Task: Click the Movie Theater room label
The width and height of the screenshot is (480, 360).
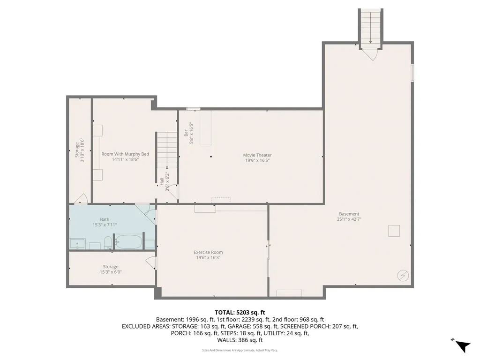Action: pyautogui.click(x=257, y=155)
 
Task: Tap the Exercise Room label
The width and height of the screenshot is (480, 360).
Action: pyautogui.click(x=209, y=252)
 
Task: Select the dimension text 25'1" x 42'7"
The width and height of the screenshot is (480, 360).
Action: pyautogui.click(x=349, y=219)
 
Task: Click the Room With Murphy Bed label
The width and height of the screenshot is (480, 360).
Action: pyautogui.click(x=125, y=154)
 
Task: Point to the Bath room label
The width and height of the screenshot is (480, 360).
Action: pyautogui.click(x=105, y=219)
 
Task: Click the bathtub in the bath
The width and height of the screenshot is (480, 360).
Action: pyautogui.click(x=128, y=242)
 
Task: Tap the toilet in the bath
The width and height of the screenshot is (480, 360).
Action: pyautogui.click(x=108, y=243)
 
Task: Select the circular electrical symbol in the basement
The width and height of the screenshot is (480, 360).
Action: pyautogui.click(x=403, y=275)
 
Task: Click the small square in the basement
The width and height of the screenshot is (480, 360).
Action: pyautogui.click(x=394, y=231)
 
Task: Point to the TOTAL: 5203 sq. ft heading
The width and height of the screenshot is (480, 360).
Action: pyautogui.click(x=240, y=312)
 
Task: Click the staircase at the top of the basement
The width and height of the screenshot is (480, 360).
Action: pyautogui.click(x=371, y=27)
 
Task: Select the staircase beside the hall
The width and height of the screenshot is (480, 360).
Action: pyautogui.click(x=167, y=150)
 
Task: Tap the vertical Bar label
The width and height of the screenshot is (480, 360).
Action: pyautogui.click(x=186, y=133)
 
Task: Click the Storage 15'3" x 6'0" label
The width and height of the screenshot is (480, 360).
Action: pyautogui.click(x=111, y=269)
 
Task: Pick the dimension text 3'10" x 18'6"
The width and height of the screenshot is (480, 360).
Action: pyautogui.click(x=82, y=150)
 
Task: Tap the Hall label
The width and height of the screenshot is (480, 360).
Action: pyautogui.click(x=162, y=181)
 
